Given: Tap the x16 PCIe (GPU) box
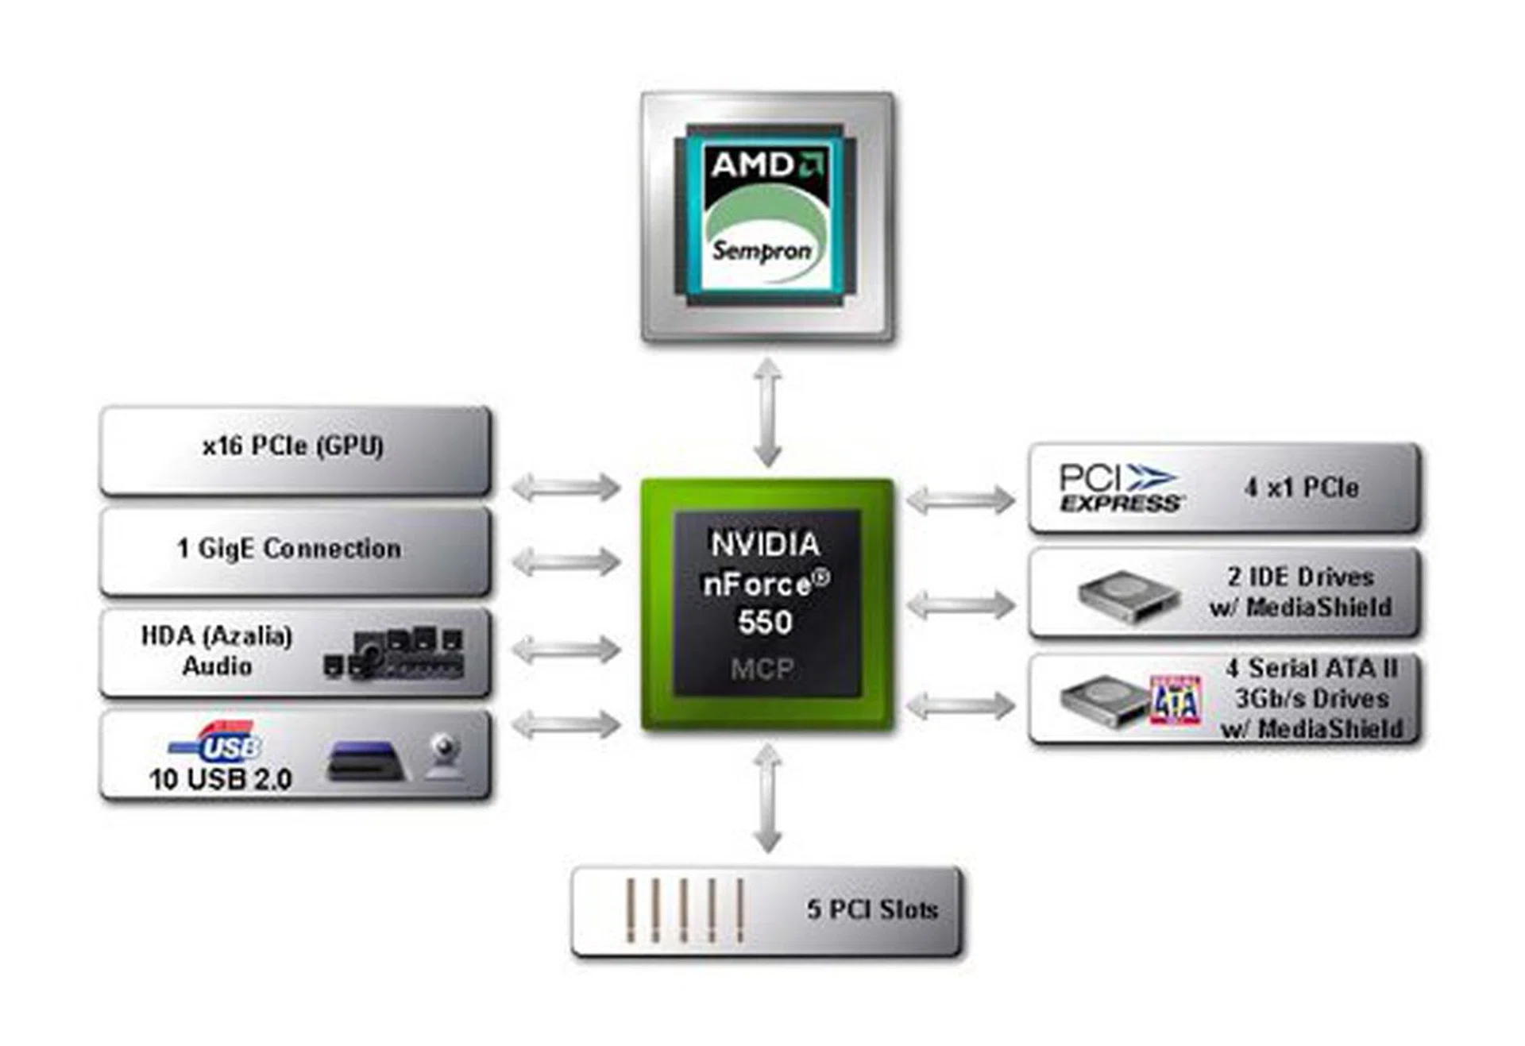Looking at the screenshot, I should click(x=294, y=449).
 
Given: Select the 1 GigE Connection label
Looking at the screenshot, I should click(x=289, y=549).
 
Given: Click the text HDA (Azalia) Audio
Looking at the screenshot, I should click(x=216, y=650).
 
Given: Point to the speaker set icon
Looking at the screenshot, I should click(x=395, y=654).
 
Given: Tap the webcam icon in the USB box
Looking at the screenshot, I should click(x=445, y=755).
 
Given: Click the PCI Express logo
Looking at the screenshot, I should click(x=1120, y=488).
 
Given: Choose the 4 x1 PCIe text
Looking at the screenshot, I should click(x=1301, y=488).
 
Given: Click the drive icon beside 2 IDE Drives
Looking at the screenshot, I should click(x=1128, y=596).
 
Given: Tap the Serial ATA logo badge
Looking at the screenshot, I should click(x=1176, y=701).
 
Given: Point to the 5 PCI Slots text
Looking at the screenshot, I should click(x=872, y=909).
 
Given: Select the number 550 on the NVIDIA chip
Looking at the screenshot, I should click(x=765, y=622).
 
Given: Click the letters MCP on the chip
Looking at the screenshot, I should click(x=762, y=669).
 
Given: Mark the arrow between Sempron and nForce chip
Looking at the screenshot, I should click(x=767, y=411).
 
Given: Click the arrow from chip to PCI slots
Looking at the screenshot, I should click(x=767, y=797).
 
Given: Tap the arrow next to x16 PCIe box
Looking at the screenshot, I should click(x=566, y=486).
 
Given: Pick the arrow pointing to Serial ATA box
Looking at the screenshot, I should click(x=960, y=705).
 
